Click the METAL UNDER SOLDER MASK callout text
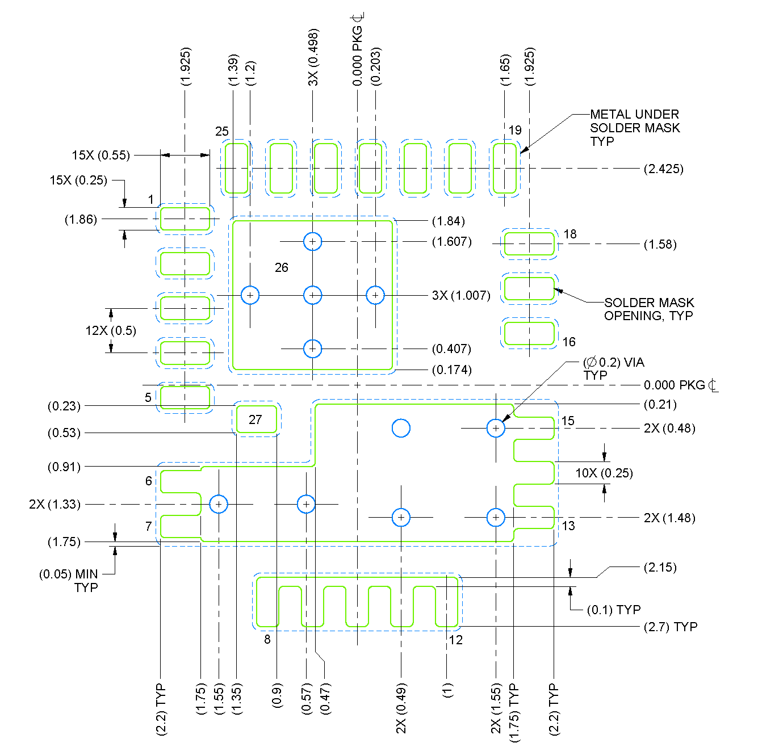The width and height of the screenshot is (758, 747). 634,128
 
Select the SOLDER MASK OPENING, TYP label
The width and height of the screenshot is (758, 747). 648,309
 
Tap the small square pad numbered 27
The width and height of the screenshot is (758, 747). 256,419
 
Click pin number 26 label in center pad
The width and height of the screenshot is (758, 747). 281,267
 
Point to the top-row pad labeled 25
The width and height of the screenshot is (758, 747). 236,168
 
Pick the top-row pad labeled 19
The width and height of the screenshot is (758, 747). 504,168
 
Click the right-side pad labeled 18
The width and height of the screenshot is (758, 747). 529,244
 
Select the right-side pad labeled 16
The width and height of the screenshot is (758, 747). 529,334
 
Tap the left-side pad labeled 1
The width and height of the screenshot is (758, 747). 185,219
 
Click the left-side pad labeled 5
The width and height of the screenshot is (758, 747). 185,397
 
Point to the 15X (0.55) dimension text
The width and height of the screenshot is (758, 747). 100,155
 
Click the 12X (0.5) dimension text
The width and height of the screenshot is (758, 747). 111,330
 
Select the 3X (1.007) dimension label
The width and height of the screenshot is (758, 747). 461,295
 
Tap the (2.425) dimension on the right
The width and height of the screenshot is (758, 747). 663,169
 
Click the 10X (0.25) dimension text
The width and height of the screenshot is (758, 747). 604,473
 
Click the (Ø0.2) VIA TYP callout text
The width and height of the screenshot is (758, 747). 613,368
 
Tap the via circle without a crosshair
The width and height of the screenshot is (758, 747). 401,428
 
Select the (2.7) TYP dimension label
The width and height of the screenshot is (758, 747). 670,627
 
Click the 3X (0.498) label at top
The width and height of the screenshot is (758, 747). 313,57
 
